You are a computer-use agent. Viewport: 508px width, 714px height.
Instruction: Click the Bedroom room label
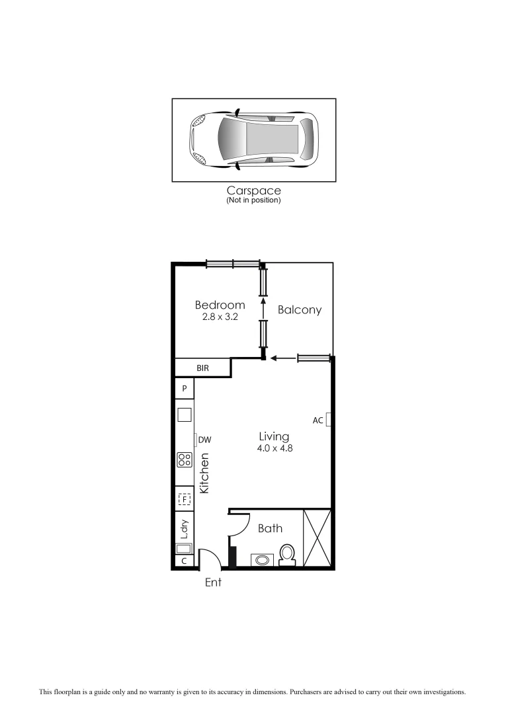[220, 305]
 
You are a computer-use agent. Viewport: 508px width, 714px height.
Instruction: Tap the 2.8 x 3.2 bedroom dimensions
[220, 317]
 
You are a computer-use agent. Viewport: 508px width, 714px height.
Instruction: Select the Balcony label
[300, 309]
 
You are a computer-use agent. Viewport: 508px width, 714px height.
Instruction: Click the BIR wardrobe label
[202, 368]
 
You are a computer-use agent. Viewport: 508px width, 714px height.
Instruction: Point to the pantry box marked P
[185, 389]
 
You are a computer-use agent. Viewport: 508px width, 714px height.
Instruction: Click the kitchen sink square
[185, 415]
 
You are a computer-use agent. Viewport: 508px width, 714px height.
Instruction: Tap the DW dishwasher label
[204, 439]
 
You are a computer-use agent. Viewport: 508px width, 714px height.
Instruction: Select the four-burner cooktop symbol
[185, 460]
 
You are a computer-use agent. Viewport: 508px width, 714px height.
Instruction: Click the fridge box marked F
[185, 499]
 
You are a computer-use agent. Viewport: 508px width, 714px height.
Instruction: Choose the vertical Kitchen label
[205, 473]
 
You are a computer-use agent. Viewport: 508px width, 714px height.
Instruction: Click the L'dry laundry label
[185, 529]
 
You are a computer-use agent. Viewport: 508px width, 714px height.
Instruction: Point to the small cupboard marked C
[184, 561]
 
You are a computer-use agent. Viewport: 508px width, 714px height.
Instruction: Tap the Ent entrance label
[213, 582]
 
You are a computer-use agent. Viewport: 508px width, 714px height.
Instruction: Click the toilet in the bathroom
[287, 555]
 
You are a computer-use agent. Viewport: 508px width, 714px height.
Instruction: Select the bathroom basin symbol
[263, 560]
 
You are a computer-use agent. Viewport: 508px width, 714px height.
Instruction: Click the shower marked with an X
[316, 538]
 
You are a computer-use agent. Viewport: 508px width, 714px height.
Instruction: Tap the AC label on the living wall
[317, 420]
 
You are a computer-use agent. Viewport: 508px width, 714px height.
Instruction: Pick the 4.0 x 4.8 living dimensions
[274, 448]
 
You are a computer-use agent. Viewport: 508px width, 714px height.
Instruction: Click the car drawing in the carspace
[254, 139]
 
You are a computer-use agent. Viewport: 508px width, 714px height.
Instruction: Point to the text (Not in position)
[253, 200]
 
